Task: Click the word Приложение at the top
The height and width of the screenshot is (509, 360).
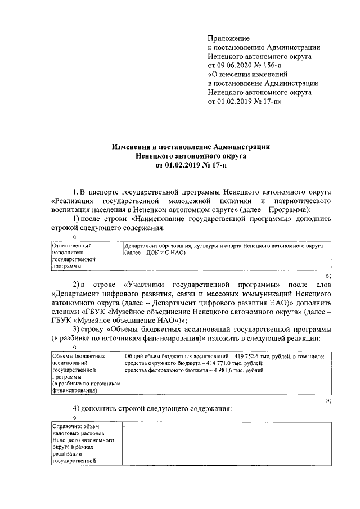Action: (x=228, y=38)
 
